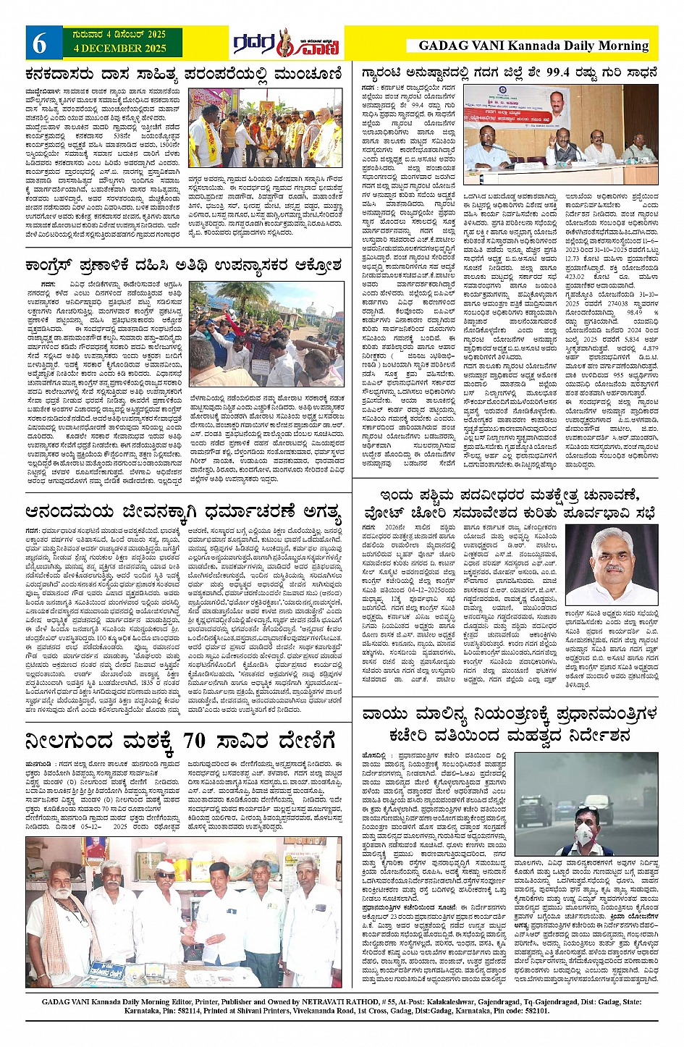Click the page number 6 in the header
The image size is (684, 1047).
click(39, 44)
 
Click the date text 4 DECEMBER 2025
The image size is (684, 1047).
click(119, 49)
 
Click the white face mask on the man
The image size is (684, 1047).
click(584, 828)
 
